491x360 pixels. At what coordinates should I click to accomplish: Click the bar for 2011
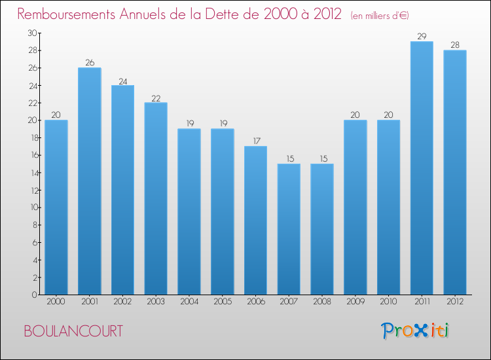coord(422,168)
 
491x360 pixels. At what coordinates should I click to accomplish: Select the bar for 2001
coord(90,181)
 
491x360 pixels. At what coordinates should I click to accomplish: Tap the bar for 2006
coord(255,221)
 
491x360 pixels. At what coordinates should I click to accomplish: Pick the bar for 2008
coord(322,229)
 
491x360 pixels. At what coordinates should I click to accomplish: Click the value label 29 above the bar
coord(422,37)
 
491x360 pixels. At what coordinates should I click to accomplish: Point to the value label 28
coord(455,45)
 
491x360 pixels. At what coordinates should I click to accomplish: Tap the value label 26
coord(90,63)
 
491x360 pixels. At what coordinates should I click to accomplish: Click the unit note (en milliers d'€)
coord(380,15)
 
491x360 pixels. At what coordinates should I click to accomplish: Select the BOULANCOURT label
coord(73,331)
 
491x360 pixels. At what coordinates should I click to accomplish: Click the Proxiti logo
coord(416,331)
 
